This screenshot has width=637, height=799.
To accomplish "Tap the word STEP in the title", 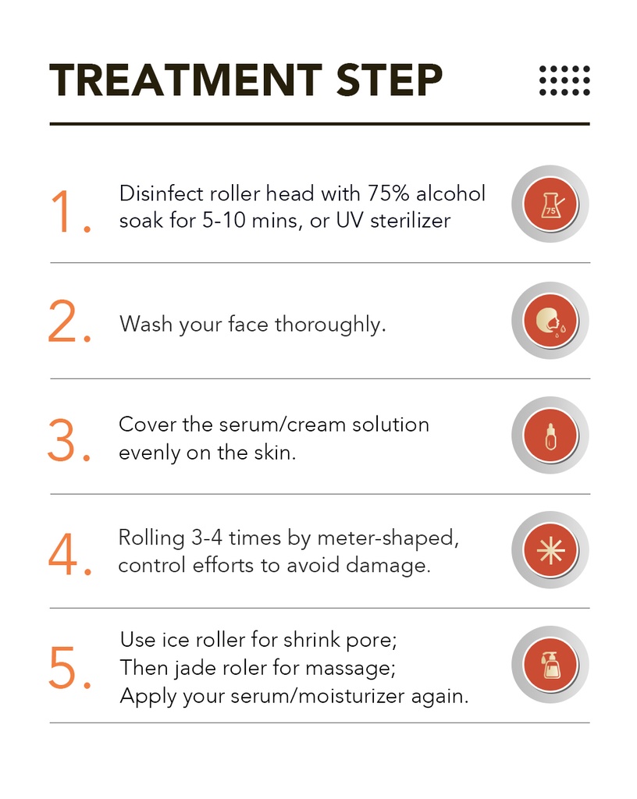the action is coord(390,80).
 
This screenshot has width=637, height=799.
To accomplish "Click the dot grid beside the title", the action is coord(564,80).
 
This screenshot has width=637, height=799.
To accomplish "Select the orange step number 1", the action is coord(70,211).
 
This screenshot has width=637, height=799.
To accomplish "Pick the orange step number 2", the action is coord(69,321).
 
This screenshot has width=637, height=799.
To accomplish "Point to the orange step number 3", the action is coord(69,440).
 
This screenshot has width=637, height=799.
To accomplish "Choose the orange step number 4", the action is coord(70,554).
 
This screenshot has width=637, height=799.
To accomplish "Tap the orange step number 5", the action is coord(69,667).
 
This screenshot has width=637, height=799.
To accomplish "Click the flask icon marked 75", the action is coord(550,204).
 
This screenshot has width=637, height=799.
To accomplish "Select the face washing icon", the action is coord(550,321).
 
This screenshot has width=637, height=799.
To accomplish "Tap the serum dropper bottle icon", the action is coord(550,435).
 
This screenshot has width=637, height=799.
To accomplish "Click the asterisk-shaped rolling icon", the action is coord(550,550).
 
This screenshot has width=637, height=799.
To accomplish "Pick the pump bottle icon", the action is coord(550,665).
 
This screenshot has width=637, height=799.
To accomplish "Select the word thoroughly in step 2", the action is coord(330,325).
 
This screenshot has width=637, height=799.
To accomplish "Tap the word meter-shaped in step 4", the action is coord(388,538).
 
